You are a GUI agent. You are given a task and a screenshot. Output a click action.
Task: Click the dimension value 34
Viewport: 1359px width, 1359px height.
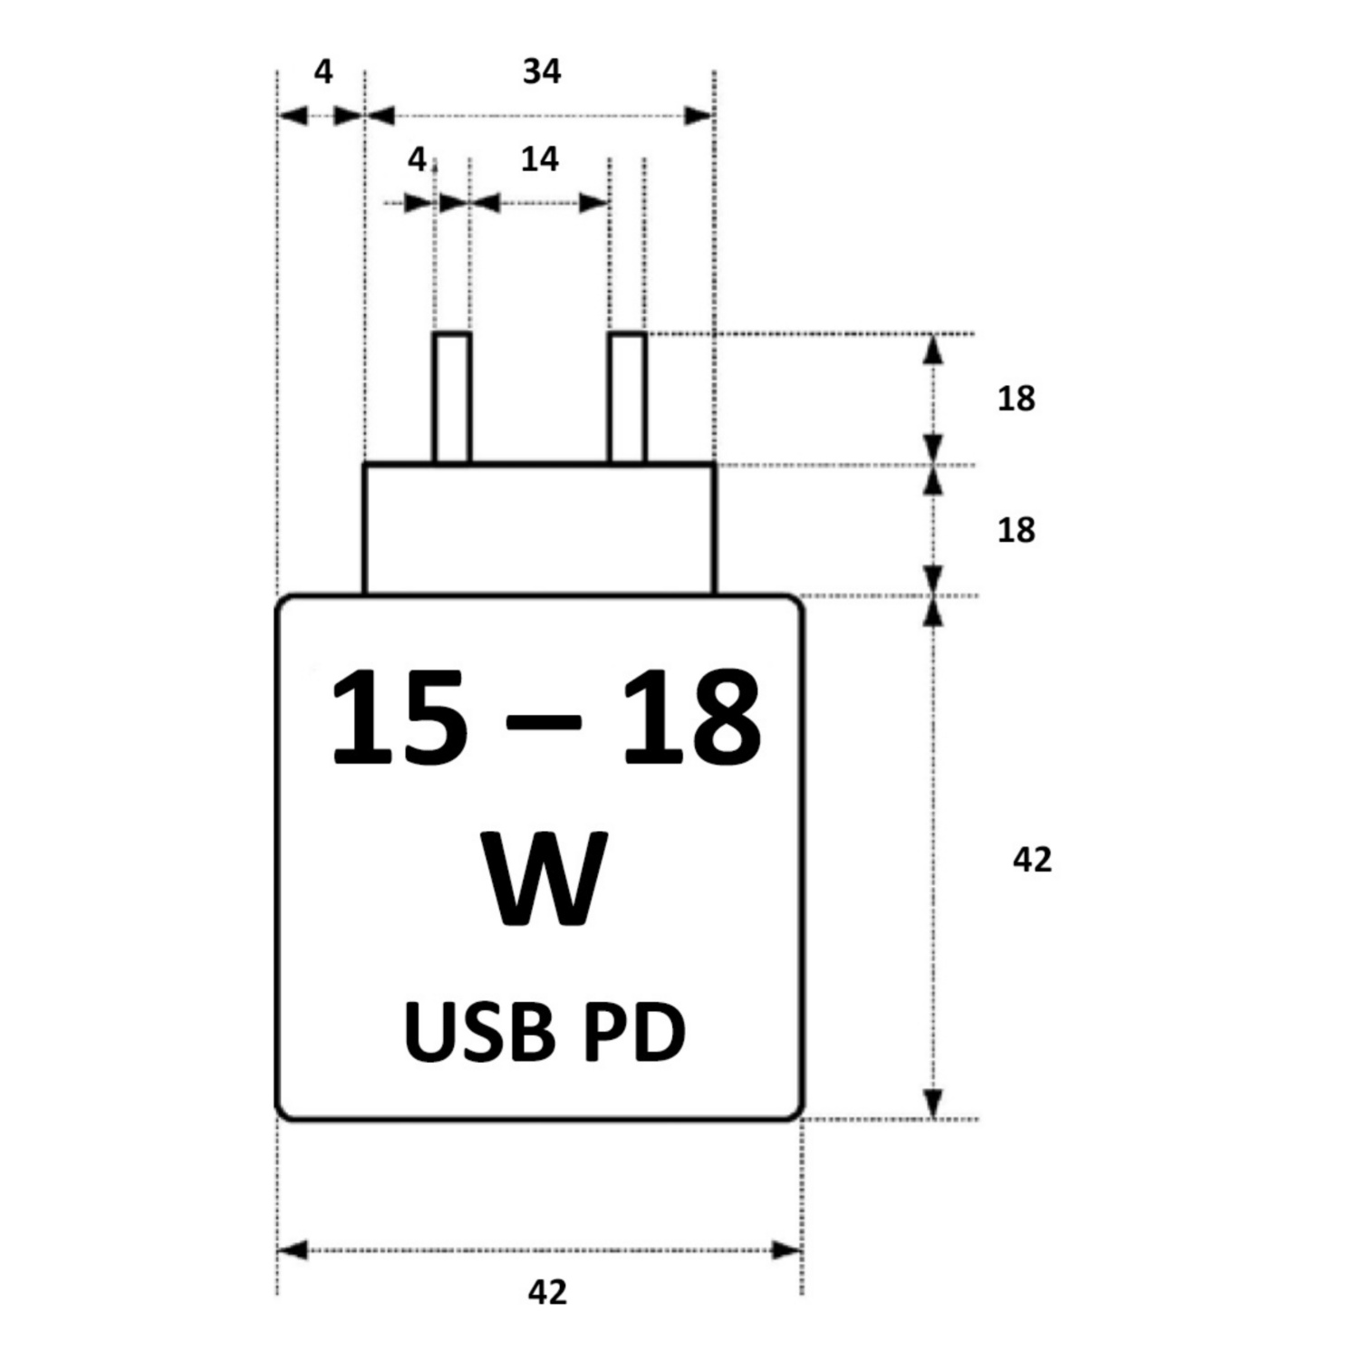pos(542,72)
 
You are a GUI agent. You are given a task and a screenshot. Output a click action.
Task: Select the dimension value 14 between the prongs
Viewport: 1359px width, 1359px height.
pos(540,159)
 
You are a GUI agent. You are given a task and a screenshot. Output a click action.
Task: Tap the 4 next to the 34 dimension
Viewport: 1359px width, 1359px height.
pos(323,72)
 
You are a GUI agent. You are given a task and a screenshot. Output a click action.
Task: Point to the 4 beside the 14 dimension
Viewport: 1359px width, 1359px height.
pos(416,159)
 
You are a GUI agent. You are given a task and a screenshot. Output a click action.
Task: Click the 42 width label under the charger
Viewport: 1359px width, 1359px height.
pos(547,1292)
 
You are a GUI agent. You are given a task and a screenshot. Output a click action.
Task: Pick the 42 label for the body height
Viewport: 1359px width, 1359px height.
pos(1032,859)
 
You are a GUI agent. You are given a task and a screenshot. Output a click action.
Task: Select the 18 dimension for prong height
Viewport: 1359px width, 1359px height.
pos(1016,399)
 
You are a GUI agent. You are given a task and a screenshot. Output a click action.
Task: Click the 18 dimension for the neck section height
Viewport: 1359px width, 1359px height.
pos(1016,530)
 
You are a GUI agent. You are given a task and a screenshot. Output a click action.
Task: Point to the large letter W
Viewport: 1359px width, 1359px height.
pos(545,879)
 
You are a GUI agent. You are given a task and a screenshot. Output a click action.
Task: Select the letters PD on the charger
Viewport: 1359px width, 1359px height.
pos(634,1034)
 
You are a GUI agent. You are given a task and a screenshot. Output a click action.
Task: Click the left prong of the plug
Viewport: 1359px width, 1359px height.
pos(452,399)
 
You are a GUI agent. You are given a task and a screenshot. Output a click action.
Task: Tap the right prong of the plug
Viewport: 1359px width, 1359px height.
pos(627,399)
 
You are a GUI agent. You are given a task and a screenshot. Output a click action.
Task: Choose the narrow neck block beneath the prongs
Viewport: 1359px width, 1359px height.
pos(539,529)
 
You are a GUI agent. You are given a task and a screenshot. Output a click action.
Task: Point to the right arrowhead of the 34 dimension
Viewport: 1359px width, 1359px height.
pos(699,116)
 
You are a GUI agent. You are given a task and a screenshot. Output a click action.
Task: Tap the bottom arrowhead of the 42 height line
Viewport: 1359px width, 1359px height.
pos(933,1104)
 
